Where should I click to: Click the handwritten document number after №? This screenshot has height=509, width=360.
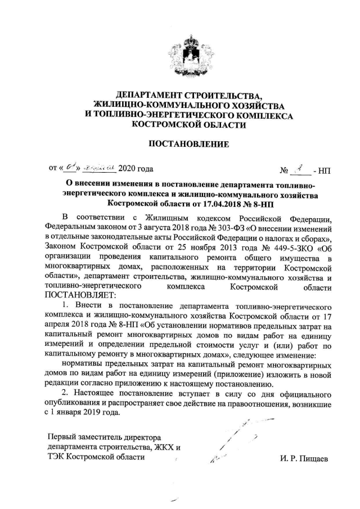[x=301, y=168]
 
